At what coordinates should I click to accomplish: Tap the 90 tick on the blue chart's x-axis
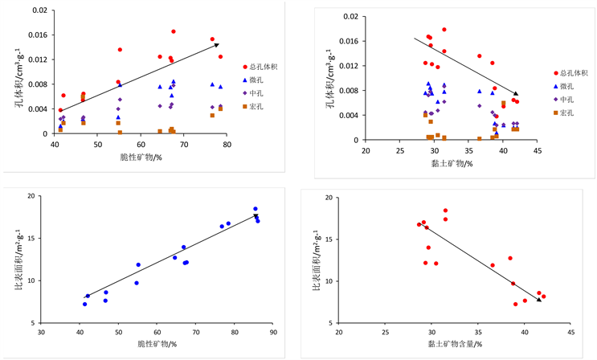click(273, 330)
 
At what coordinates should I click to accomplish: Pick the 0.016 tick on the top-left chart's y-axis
click(39, 35)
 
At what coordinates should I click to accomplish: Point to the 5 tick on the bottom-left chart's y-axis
click(32, 323)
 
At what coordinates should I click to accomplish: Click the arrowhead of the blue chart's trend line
click(256, 215)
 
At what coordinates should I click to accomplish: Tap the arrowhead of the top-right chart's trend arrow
click(517, 94)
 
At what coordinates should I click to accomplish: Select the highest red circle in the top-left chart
click(174, 32)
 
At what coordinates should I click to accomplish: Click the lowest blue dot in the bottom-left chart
click(84, 304)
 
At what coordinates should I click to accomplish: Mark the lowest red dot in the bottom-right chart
click(516, 304)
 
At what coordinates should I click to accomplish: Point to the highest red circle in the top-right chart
click(444, 30)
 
